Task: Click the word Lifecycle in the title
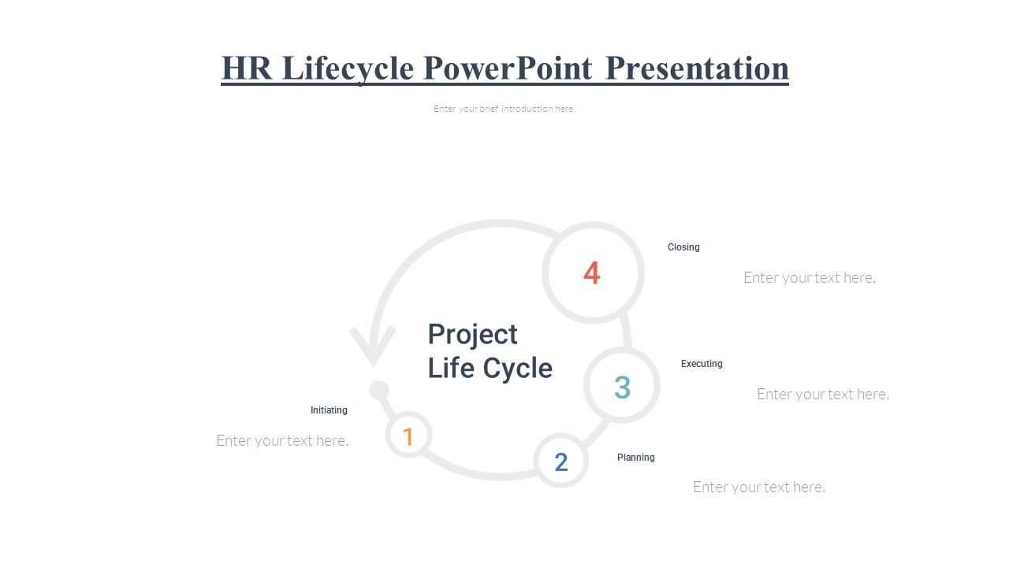348,69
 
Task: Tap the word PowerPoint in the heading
508,68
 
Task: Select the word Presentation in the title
697,68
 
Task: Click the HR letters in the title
247,68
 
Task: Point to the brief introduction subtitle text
504,109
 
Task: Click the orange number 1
408,436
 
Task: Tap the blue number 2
560,461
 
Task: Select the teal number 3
622,387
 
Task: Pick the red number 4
591,272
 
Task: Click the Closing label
683,247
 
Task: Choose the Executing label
702,364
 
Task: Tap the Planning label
635,458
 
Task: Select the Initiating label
329,410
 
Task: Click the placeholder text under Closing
810,278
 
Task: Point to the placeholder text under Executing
823,395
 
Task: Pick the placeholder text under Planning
759,487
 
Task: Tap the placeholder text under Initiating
282,440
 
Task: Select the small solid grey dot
379,390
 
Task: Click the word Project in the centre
472,335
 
